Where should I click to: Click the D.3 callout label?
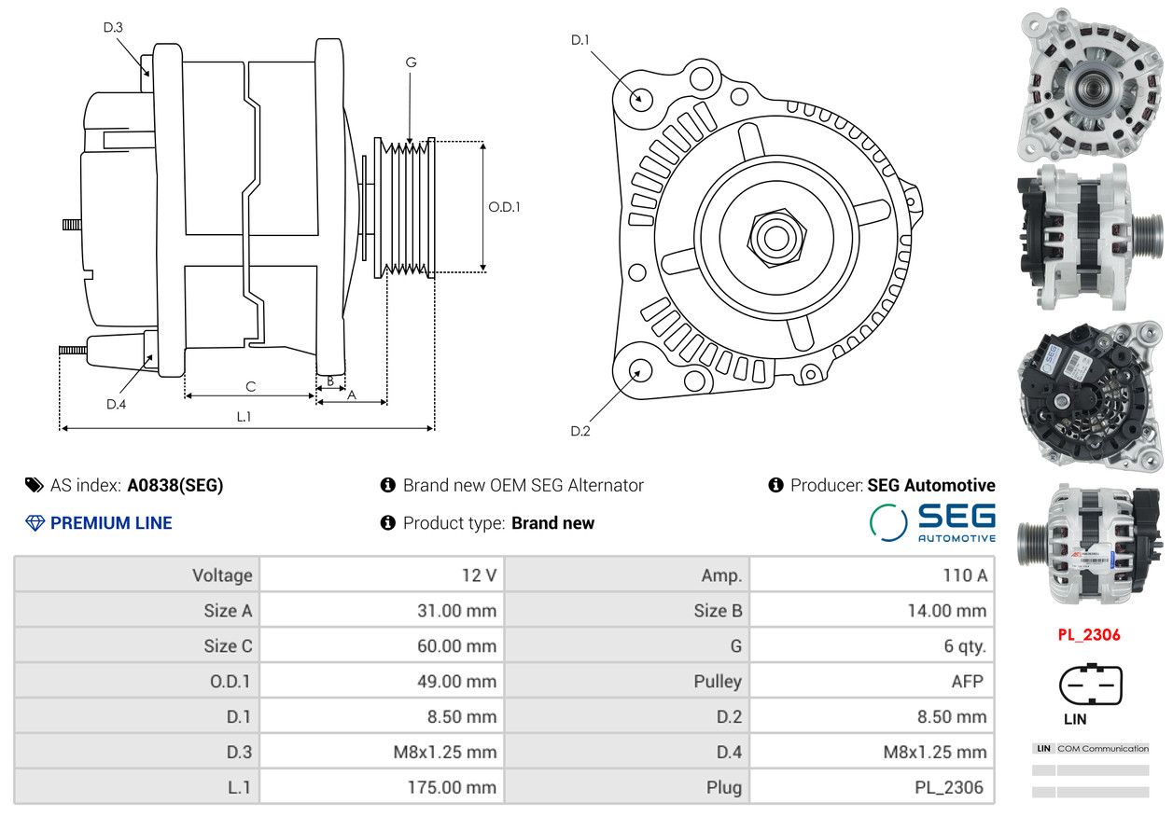113,27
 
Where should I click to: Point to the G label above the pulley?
412,62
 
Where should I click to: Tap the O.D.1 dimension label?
504,207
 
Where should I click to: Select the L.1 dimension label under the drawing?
244,417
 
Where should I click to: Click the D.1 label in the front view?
580,40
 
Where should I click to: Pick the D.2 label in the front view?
580,431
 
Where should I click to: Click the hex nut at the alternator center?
777,238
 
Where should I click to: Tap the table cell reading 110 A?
965,575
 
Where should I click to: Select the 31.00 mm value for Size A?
456,611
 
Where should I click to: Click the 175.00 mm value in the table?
452,787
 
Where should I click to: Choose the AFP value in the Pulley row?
967,682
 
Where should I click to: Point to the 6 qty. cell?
965,646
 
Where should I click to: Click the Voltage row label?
222,575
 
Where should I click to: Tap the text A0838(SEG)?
175,485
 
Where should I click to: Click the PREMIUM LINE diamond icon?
35,523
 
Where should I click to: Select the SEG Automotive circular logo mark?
888,522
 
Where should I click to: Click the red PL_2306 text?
1089,635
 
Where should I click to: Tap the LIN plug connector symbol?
1091,684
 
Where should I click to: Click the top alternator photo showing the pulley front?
1090,84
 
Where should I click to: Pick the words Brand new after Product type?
553,523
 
